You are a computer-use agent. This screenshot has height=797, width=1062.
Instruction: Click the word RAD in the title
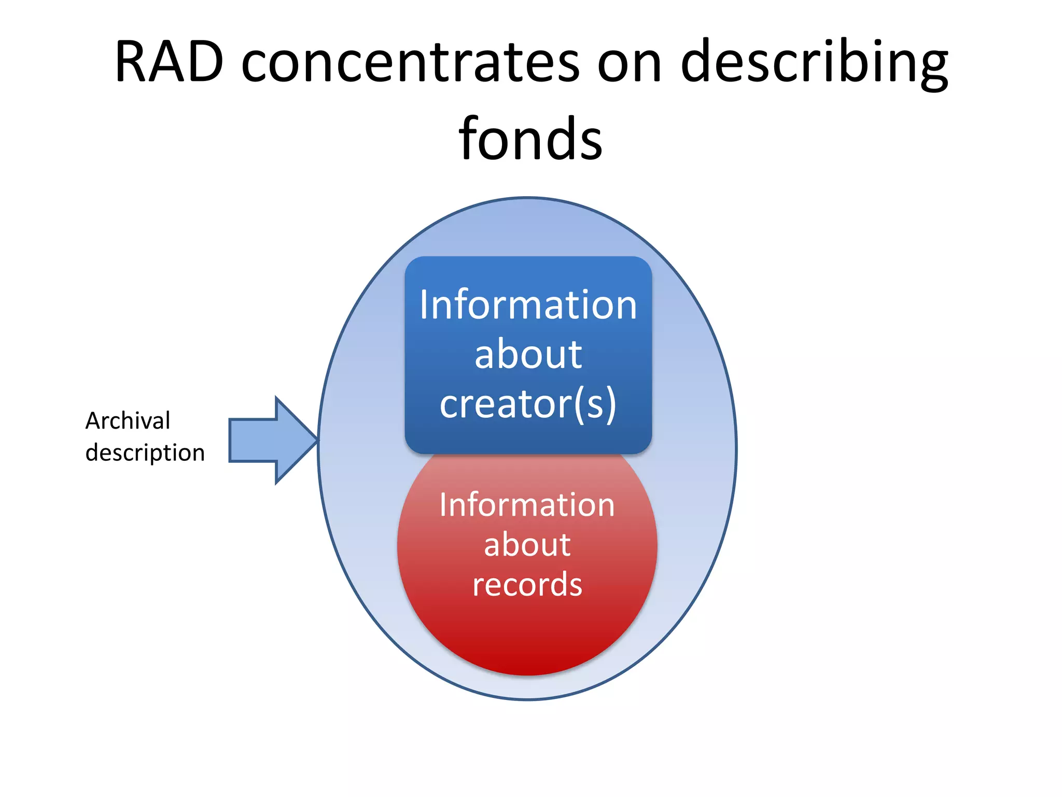(x=169, y=62)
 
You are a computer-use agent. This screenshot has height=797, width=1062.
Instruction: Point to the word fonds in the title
(x=530, y=139)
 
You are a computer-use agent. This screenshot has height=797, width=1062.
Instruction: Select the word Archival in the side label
(x=128, y=420)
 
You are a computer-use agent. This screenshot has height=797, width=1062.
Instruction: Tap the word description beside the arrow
(x=145, y=452)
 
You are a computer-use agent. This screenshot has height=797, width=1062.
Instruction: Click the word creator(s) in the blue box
(x=528, y=404)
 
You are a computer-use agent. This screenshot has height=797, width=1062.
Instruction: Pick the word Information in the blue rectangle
(x=528, y=305)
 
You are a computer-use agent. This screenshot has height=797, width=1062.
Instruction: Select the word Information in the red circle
(x=527, y=505)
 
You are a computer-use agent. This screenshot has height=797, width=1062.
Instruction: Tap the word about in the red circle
(x=527, y=545)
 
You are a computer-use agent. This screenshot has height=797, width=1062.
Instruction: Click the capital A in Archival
(x=93, y=420)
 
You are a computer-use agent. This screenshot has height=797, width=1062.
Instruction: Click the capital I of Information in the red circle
(x=443, y=505)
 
